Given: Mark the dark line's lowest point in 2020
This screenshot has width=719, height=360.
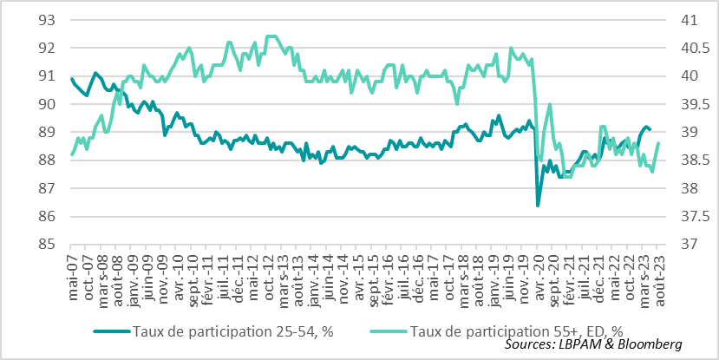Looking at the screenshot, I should point(538,206).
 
